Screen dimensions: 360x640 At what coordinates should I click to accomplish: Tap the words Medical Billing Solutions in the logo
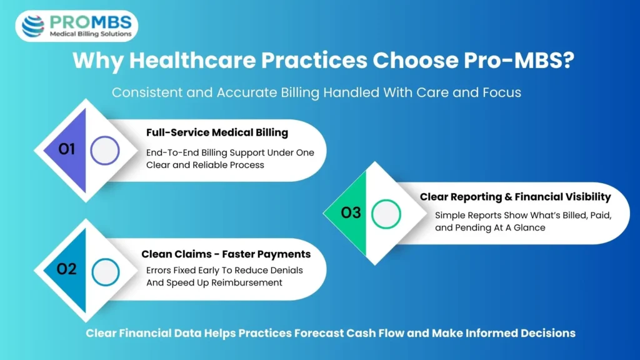[91, 34]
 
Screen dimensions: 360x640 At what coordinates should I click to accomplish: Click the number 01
[67, 150]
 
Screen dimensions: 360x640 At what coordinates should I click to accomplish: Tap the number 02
[67, 269]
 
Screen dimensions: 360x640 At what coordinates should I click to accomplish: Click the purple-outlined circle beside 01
[104, 151]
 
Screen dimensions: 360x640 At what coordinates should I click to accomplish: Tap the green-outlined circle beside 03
[386, 214]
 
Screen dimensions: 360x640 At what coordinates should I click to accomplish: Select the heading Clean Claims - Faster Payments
[226, 254]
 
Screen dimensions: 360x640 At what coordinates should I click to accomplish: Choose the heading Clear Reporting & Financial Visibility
[515, 197]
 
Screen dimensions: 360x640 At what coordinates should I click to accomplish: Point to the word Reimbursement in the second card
[249, 282]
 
